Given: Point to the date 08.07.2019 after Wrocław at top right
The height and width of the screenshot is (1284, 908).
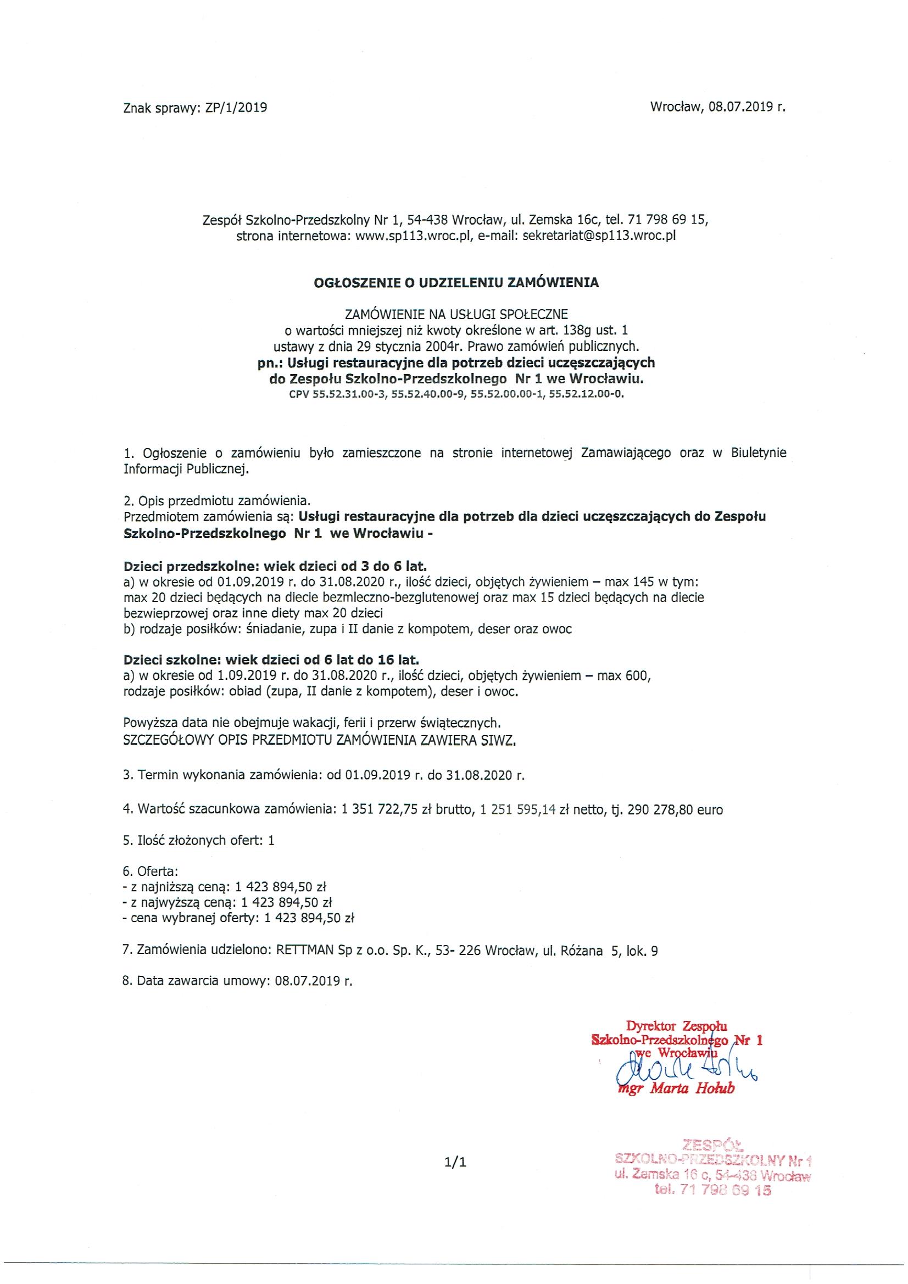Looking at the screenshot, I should [x=741, y=107].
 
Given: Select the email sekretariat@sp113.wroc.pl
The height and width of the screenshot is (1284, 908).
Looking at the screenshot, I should [x=599, y=236].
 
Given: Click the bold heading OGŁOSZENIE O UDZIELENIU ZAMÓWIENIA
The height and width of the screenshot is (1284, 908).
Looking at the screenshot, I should [x=456, y=283].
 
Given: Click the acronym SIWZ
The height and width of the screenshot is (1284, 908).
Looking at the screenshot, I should [x=497, y=741].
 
